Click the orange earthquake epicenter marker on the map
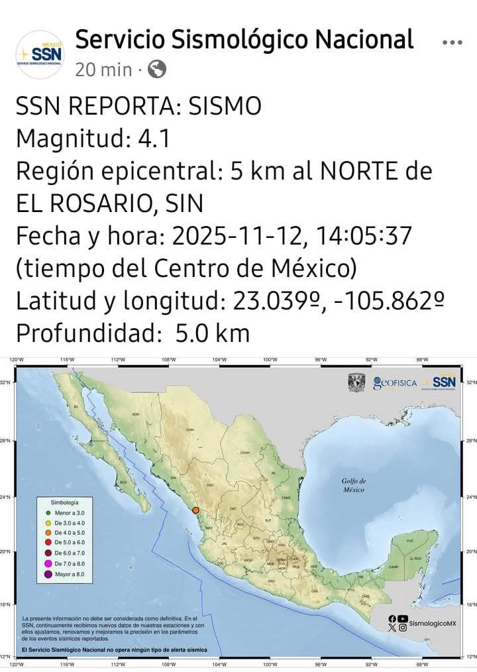[195, 509]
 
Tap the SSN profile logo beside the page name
[40, 54]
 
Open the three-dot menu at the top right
[452, 42]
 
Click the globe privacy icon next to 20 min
[156, 69]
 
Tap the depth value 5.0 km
[213, 333]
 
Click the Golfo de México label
[354, 485]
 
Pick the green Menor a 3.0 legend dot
[48, 513]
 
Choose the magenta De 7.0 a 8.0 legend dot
[48, 563]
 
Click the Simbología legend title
[65, 503]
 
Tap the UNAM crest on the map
[356, 382]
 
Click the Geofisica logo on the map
[395, 383]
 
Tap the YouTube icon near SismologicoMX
[403, 619]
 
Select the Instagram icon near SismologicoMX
[403, 628]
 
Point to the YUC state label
[409, 541]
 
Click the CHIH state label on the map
[190, 429]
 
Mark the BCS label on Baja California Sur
[123, 482]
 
